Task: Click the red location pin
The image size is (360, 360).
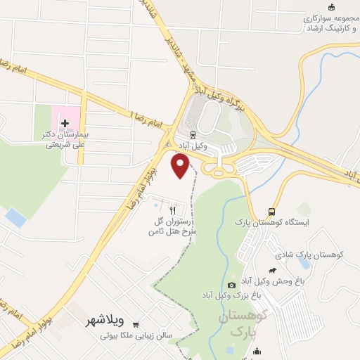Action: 181,165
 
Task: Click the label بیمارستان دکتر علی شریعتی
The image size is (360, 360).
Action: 65,139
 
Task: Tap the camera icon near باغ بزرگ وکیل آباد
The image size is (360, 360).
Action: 232,285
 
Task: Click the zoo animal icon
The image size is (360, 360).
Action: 273,270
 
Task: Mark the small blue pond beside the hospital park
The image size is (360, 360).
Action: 15,219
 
